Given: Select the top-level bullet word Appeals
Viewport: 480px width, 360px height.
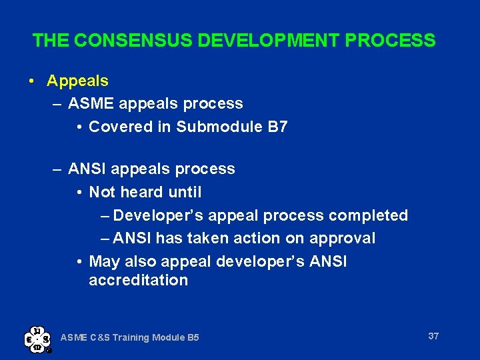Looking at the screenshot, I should (77, 81).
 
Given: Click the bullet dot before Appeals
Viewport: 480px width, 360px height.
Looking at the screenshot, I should (32, 81).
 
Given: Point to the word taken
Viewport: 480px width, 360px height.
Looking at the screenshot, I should (212, 238).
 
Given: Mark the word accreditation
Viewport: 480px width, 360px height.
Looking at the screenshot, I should (138, 280).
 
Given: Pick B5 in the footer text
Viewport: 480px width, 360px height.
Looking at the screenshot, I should (192, 338).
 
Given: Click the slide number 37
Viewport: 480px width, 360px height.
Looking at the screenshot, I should (433, 336).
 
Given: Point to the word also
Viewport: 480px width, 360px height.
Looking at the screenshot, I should (141, 261).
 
